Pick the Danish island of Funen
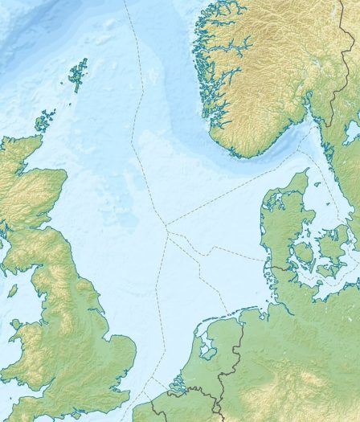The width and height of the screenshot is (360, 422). click(x=303, y=255)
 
